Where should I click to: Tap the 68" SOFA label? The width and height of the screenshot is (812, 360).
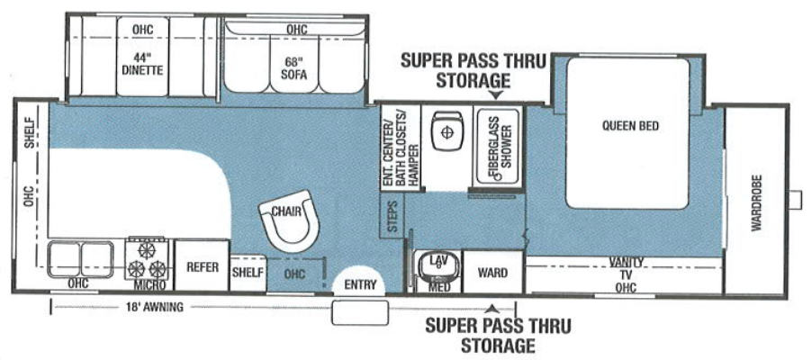click(294, 68)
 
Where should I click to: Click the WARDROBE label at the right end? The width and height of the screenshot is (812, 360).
click(755, 203)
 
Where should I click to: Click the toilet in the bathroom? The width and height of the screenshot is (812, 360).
click(444, 130)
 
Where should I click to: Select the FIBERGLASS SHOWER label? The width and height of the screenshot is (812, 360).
click(498, 144)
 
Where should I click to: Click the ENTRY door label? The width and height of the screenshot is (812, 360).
click(359, 284)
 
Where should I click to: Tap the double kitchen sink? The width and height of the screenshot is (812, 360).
click(80, 260)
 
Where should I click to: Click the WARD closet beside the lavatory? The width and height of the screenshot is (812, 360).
click(492, 273)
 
